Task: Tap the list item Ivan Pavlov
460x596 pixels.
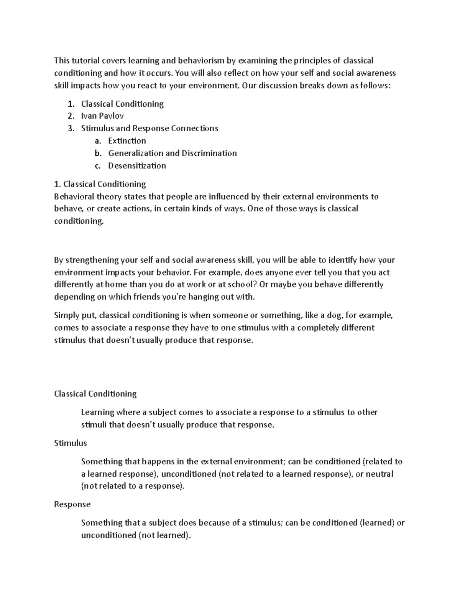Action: [x=102, y=116]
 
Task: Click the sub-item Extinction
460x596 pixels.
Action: [x=127, y=141]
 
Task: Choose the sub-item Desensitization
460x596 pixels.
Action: [x=137, y=166]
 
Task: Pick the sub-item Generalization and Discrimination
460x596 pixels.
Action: [x=172, y=153]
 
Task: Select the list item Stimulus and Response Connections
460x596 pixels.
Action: [x=149, y=128]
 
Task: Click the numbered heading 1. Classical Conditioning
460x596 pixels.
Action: [x=100, y=184]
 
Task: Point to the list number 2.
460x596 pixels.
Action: [x=71, y=116]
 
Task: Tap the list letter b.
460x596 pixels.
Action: [x=98, y=153]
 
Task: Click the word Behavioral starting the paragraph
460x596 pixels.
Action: [x=74, y=196]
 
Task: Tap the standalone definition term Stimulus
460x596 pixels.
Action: [x=71, y=443]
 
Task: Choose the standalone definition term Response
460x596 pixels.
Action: [x=72, y=504]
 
